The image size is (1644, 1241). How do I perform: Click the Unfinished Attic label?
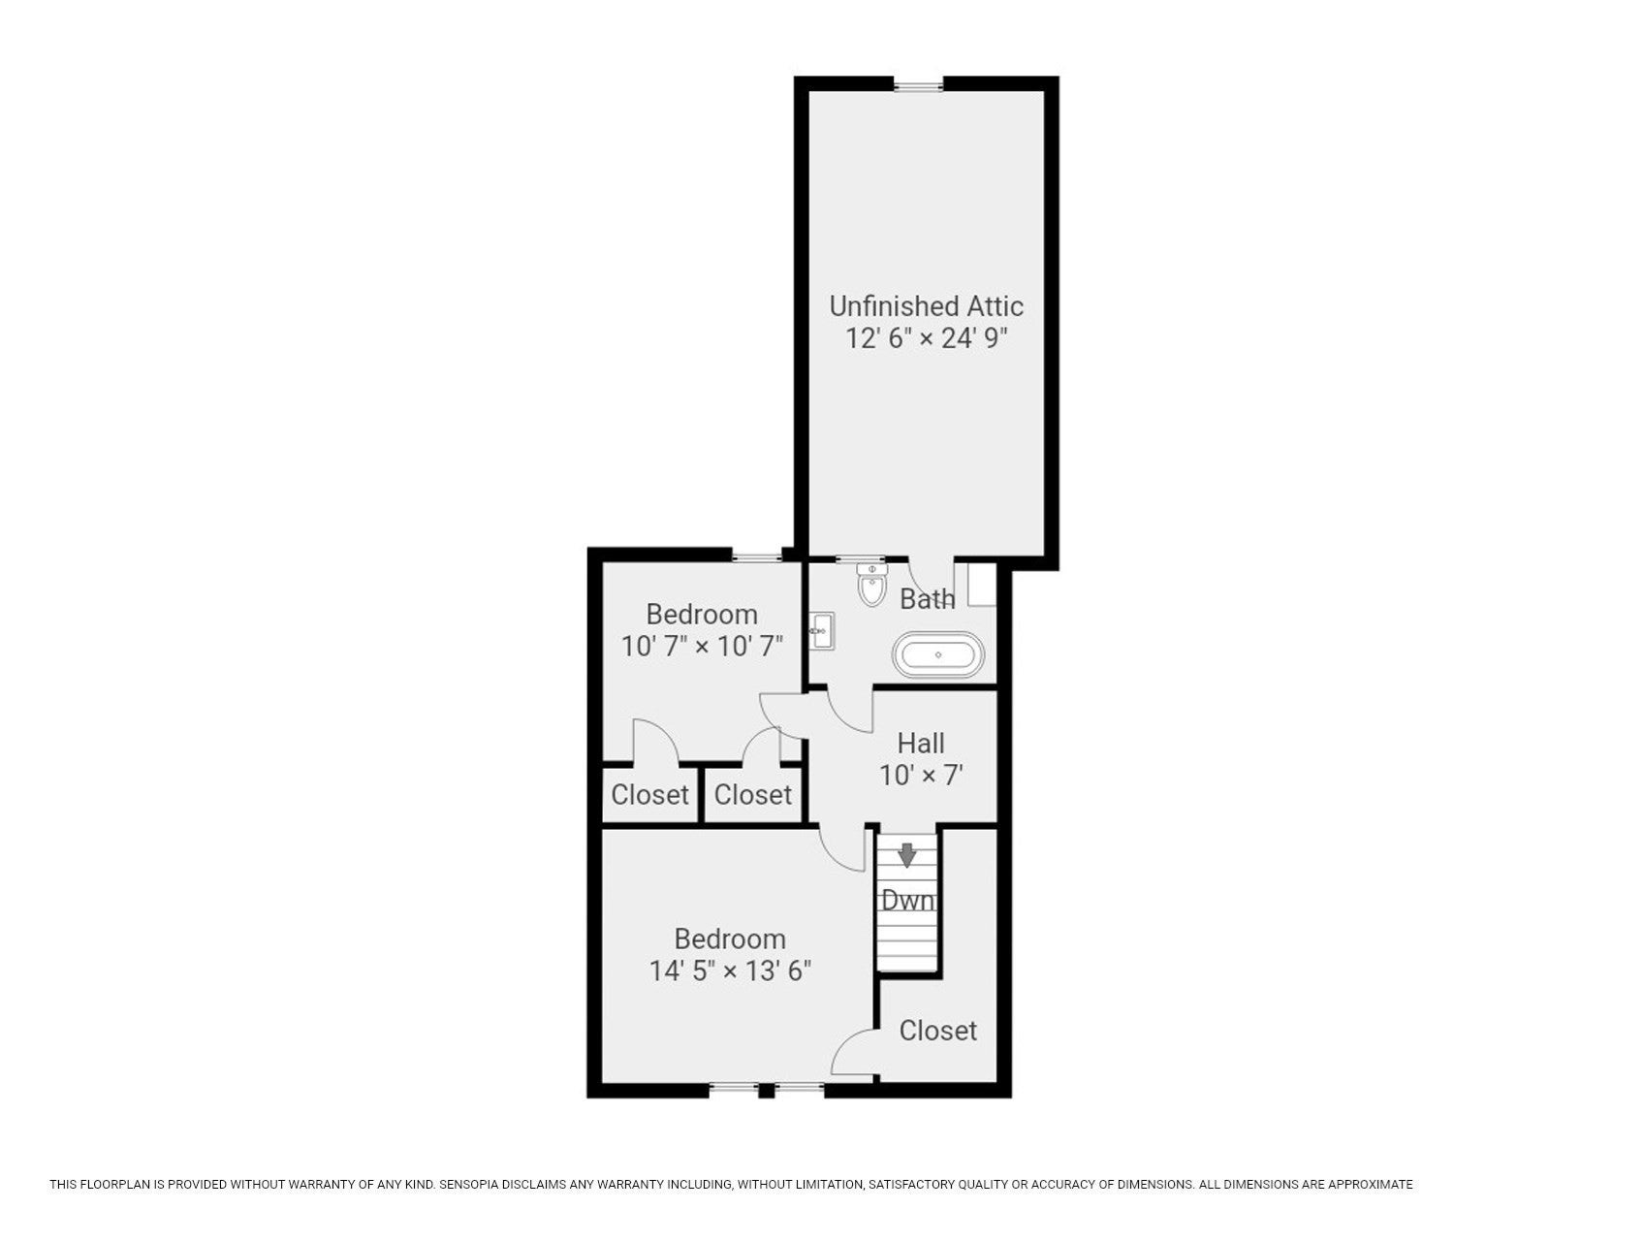point(926,306)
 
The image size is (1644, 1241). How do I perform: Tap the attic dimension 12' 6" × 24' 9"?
point(927,338)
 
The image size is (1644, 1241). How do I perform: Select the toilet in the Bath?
point(871,584)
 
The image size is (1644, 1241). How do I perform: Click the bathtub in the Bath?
point(938,655)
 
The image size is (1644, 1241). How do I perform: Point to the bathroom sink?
point(821,631)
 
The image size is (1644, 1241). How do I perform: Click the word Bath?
point(927,599)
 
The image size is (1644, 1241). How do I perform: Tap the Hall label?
point(921,744)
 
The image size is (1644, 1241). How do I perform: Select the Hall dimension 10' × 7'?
point(921,776)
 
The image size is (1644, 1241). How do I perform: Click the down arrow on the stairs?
point(906,855)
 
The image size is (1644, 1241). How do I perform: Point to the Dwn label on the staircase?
point(907,901)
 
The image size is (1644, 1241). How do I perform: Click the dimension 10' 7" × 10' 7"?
point(702,646)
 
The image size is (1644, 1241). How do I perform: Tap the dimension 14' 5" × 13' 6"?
point(730,971)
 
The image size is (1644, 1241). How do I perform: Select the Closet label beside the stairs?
point(937,1030)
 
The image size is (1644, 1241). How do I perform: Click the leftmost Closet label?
point(649,795)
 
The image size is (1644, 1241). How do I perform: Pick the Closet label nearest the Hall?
point(752,795)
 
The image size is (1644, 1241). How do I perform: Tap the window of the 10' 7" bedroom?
point(756,557)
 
